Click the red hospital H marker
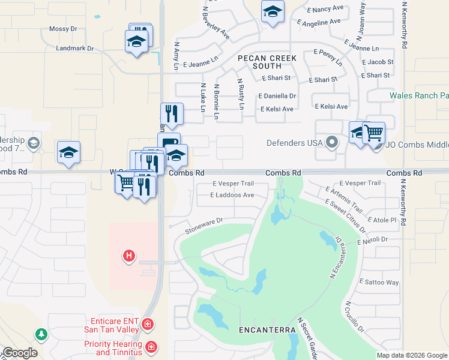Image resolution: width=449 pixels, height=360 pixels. [128, 256]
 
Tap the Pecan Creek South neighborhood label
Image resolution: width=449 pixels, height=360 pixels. [267, 62]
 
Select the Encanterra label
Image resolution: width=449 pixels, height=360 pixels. [267, 331]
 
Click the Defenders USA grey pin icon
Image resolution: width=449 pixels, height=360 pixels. [331, 143]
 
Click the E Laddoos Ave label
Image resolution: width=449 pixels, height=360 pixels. [232, 195]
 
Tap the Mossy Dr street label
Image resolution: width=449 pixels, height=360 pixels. [64, 29]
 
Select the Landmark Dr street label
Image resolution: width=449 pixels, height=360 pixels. [75, 48]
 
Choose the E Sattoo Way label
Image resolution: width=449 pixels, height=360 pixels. [379, 282]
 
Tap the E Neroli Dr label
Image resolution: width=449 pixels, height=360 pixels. [374, 241]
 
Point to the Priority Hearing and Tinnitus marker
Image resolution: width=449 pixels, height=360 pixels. [152, 347]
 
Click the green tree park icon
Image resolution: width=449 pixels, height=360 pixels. [40, 333]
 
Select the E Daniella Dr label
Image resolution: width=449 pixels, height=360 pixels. [277, 96]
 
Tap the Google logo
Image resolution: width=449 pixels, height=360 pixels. [20, 353]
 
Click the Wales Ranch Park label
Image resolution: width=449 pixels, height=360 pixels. [419, 95]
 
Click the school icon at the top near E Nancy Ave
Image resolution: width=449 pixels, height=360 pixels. [273, 11]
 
